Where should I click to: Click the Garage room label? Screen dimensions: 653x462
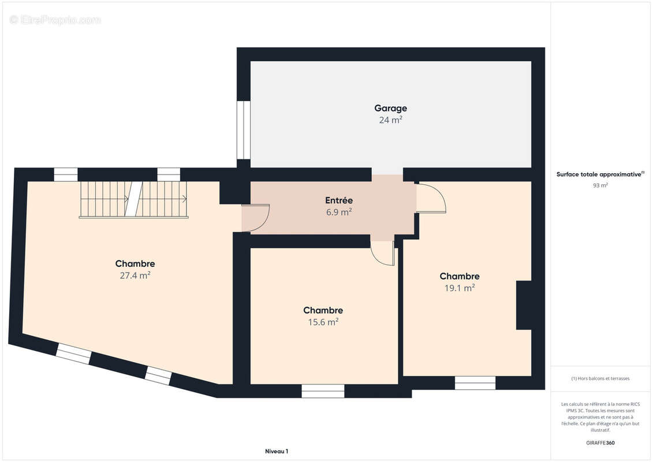click(391, 109)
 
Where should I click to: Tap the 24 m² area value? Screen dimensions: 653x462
click(391, 120)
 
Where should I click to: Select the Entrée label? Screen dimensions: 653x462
click(338, 200)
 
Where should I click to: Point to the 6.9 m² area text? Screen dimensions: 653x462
click(338, 212)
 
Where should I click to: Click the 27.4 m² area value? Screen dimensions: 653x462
click(135, 275)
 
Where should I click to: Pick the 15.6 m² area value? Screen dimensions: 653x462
click(323, 322)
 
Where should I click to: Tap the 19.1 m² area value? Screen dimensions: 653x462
click(460, 288)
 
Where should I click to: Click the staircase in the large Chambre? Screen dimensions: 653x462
click(134, 199)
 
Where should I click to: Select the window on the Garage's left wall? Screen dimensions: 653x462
click(243, 130)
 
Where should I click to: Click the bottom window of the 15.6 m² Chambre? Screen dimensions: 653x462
click(323, 391)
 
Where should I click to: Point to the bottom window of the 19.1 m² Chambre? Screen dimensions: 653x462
click(475, 383)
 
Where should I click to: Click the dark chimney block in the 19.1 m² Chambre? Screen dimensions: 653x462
click(524, 305)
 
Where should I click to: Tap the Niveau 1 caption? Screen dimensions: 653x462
click(277, 451)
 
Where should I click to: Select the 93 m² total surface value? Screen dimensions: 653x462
click(600, 185)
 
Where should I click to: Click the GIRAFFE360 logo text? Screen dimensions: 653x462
click(600, 443)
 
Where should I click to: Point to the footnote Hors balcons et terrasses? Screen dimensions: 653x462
click(600, 378)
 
